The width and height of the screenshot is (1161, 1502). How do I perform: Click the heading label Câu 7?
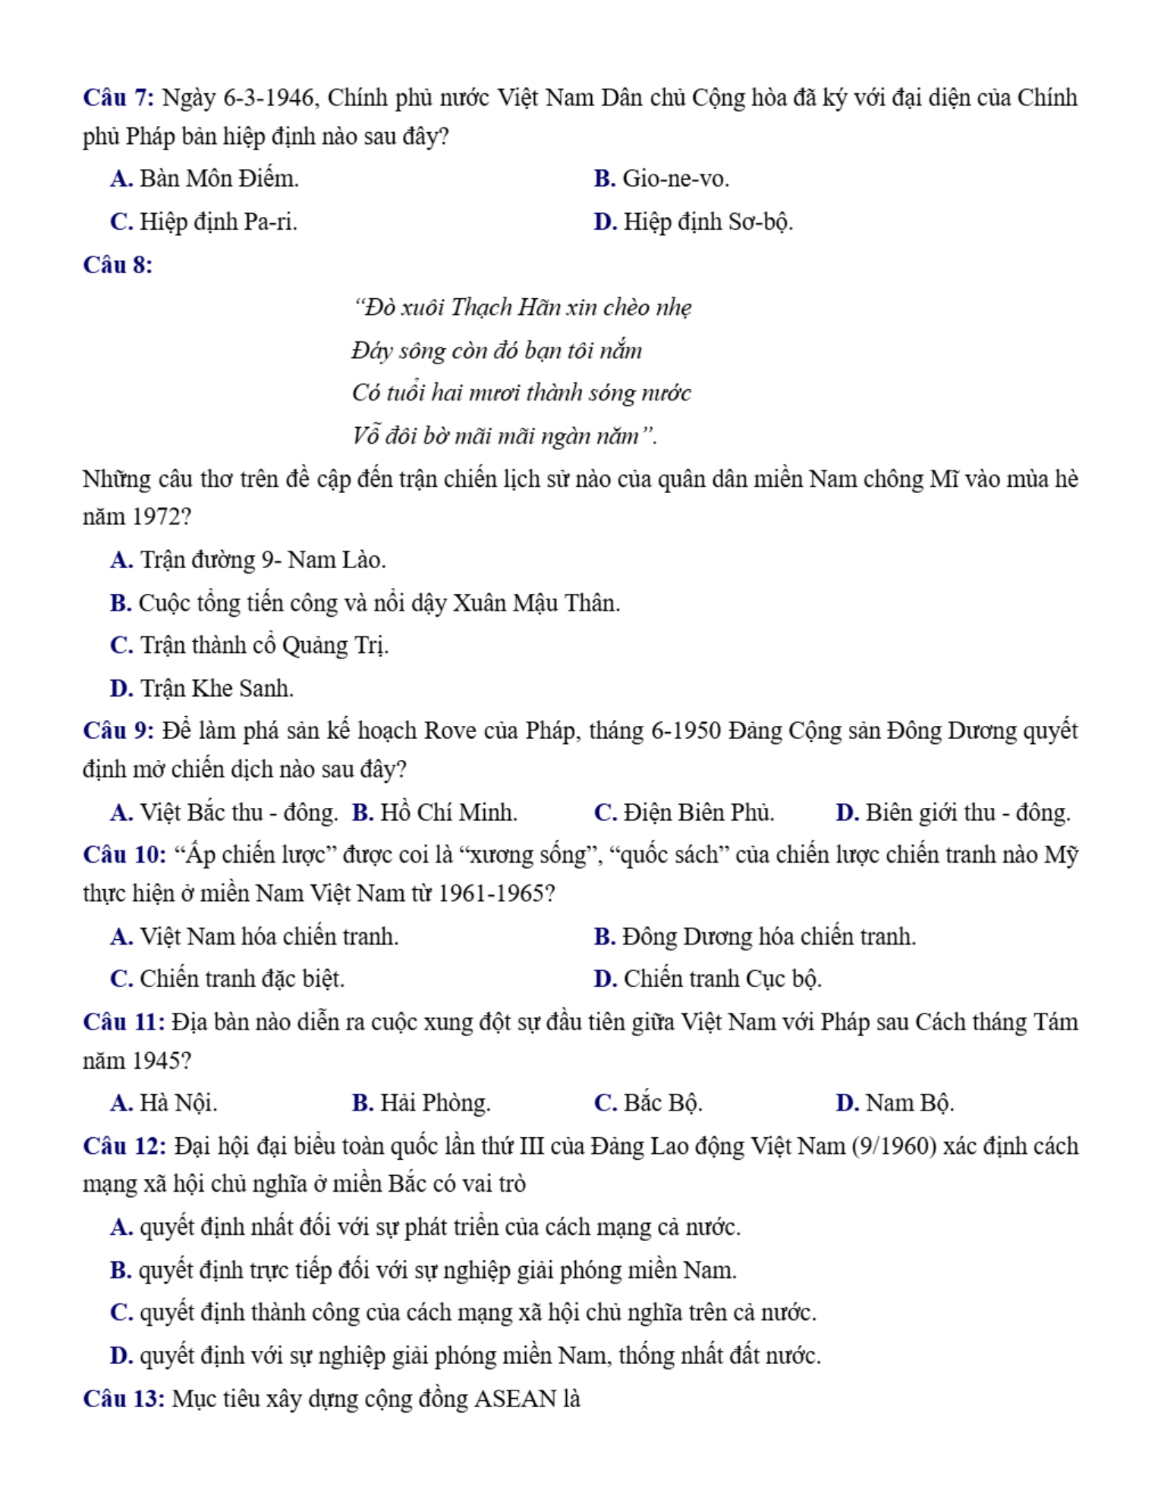coord(118,98)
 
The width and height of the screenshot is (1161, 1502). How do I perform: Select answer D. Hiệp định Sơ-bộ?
coord(693,222)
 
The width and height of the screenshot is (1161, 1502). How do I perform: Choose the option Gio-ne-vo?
coord(661,178)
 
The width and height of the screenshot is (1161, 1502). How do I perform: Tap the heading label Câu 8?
coord(118,265)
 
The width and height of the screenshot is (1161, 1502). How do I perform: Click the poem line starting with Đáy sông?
coord(496,350)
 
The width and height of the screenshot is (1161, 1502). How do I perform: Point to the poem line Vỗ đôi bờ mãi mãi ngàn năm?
coord(504,436)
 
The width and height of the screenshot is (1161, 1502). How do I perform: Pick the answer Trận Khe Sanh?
coord(201,688)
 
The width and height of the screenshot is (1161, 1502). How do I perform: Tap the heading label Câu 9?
coord(118,731)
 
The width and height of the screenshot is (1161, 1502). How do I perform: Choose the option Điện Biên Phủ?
coord(684,812)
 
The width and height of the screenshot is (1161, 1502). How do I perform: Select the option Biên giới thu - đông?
coord(953,812)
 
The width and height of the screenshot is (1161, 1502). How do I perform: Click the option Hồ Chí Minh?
coord(434,812)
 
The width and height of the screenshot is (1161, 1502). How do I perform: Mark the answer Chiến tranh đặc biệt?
coord(227,979)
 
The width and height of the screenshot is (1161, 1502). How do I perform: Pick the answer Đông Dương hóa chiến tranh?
coord(754,936)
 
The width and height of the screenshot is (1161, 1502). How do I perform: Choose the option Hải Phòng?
coord(421,1102)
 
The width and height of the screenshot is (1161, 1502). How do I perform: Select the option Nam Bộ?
coord(895,1102)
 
